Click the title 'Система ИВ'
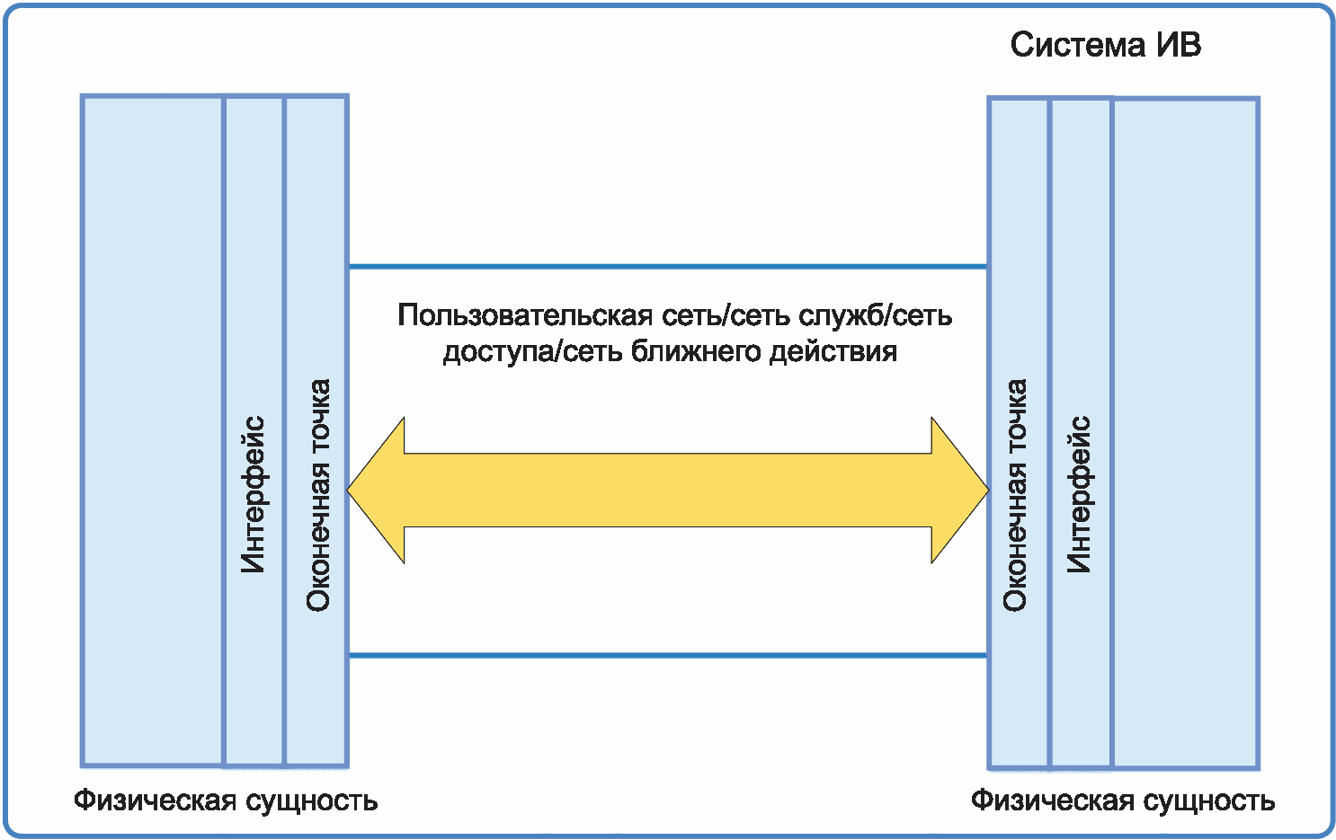tap(1105, 45)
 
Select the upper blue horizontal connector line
tap(668, 267)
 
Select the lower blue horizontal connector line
tap(668, 655)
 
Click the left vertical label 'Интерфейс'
tap(254, 494)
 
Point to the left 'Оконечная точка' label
tap(318, 495)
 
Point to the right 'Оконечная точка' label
tap(1014, 495)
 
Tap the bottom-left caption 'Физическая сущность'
tap(226, 800)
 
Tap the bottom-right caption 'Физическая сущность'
tap(1123, 800)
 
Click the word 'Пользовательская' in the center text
tap(525, 314)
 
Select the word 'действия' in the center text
tap(833, 352)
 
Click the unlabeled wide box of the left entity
tap(153, 430)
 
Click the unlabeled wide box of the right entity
tap(1186, 433)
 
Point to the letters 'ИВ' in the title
tap(1179, 45)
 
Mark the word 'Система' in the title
tap(1078, 45)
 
